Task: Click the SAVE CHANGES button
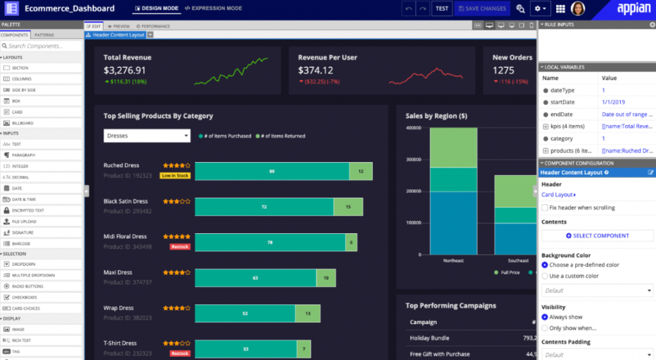click(481, 8)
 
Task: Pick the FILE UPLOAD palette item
click(24, 222)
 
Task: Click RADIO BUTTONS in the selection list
click(28, 286)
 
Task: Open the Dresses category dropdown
click(147, 136)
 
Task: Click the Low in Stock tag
click(175, 176)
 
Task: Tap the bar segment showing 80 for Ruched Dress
click(272, 172)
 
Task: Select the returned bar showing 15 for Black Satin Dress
click(348, 207)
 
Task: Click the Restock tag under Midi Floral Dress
click(180, 247)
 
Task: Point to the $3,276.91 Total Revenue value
click(125, 70)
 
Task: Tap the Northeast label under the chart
click(453, 261)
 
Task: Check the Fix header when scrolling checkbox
click(545, 208)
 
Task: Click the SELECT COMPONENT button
click(597, 236)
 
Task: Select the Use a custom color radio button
click(545, 276)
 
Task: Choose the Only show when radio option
click(545, 328)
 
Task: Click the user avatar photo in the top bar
click(578, 8)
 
